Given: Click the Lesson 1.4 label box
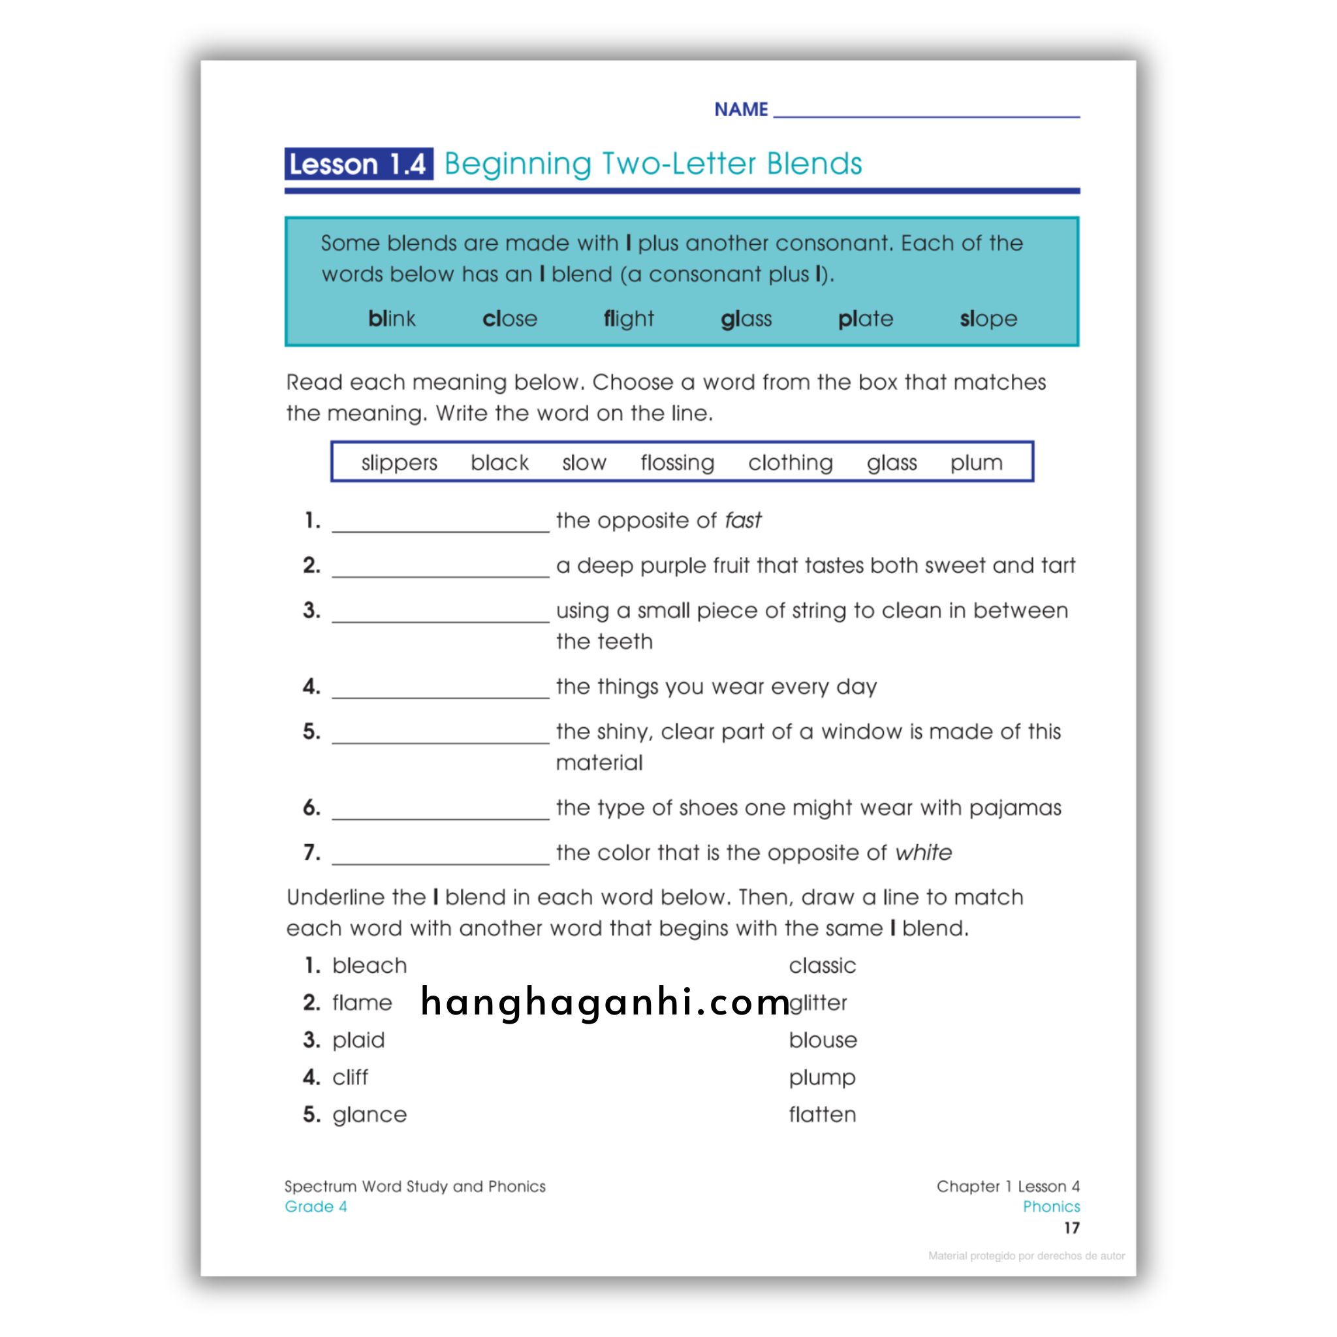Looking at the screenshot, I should (358, 164).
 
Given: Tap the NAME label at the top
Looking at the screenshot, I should (740, 109).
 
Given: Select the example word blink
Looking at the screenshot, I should (392, 319).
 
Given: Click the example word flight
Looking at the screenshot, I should (629, 319).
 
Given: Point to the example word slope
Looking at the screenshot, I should (988, 319).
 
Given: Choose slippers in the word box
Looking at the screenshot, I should (400, 462).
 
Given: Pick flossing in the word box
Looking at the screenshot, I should (677, 462).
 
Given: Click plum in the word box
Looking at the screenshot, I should (976, 462).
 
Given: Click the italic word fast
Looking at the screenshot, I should (742, 520).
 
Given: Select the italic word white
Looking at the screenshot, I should (923, 853).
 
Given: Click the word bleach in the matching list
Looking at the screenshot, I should (370, 966).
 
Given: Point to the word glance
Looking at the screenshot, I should (370, 1114).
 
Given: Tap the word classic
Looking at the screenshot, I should (822, 966).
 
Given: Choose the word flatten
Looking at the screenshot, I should (822, 1114).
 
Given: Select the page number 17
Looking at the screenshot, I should (1071, 1229).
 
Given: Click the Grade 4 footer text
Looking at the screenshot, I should (315, 1207).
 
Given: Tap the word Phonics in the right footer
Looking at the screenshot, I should (1050, 1207).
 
